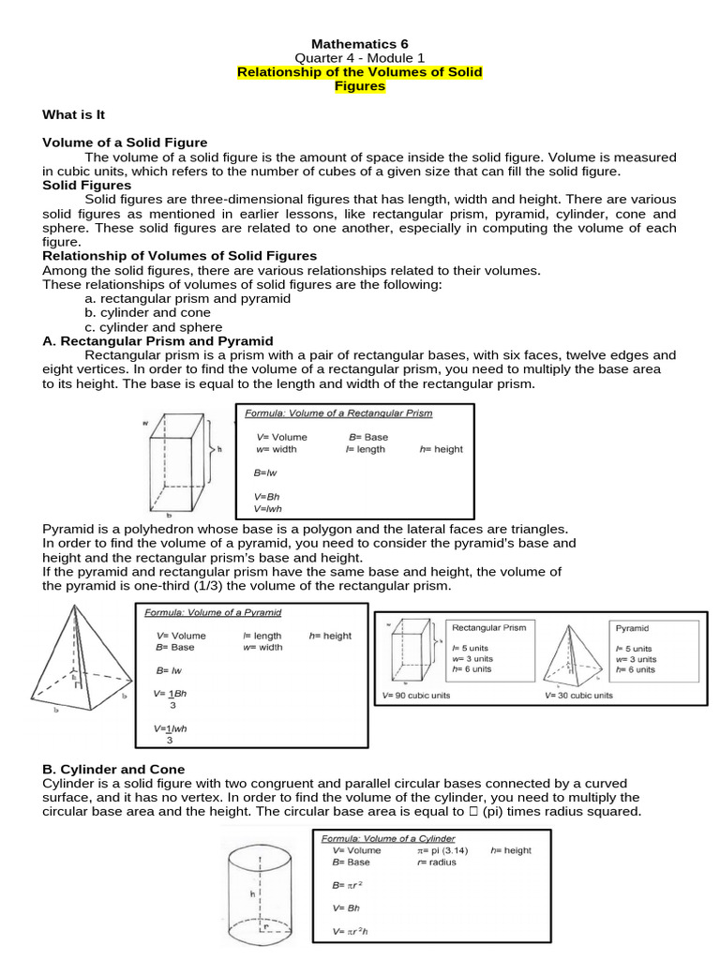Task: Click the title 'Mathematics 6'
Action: tap(360, 43)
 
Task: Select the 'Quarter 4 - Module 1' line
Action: tap(360, 57)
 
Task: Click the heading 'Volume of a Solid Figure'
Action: tap(125, 142)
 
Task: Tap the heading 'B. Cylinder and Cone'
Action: tap(113, 769)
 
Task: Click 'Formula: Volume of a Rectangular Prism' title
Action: tap(338, 413)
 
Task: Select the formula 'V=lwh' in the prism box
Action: tap(268, 509)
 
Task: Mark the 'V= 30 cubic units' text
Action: tap(579, 696)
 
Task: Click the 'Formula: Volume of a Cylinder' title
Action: tap(388, 838)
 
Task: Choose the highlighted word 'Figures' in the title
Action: tap(360, 86)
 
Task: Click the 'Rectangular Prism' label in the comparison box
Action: tap(488, 627)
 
